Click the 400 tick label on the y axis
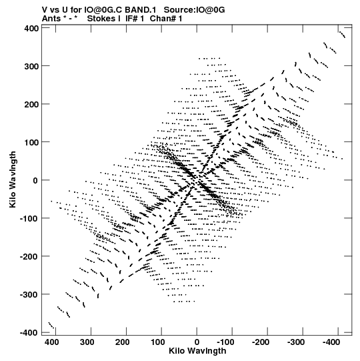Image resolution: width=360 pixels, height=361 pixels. click(x=31, y=28)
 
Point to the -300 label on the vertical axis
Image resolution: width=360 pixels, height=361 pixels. click(x=29, y=295)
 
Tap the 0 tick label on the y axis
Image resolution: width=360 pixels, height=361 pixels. click(x=35, y=180)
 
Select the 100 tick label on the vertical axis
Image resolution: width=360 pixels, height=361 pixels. click(x=31, y=143)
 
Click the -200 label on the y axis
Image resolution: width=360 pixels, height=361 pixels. click(x=29, y=257)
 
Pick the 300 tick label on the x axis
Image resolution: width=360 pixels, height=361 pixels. click(x=87, y=342)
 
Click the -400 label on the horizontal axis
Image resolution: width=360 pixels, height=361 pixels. click(x=331, y=342)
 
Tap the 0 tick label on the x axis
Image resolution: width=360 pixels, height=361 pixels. click(x=197, y=342)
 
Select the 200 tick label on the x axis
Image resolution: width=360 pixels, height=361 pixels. click(x=122, y=342)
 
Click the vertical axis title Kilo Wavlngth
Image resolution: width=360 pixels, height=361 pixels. click(x=13, y=179)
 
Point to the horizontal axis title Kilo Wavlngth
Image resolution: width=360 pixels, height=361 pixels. click(x=197, y=351)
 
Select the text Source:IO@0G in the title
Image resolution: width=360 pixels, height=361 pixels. click(x=194, y=9)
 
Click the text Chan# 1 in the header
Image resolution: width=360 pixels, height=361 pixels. click(x=166, y=19)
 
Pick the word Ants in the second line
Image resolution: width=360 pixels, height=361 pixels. click(x=51, y=19)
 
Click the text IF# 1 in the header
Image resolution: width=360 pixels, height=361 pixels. click(x=135, y=19)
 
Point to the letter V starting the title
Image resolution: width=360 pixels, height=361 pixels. click(x=45, y=9)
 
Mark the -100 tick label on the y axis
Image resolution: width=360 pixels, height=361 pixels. click(x=29, y=218)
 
